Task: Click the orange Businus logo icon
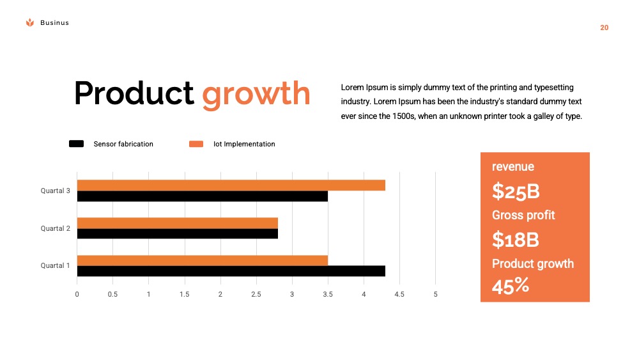(30, 22)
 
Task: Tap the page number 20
(604, 27)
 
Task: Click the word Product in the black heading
(134, 93)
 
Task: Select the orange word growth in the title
(256, 95)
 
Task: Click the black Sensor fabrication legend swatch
(76, 143)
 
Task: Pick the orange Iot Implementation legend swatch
(196, 144)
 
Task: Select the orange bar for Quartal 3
(231, 185)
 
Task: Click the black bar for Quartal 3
(203, 196)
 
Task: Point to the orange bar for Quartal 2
(178, 223)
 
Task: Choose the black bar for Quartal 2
(178, 233)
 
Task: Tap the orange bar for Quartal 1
(203, 260)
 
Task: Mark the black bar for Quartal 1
(231, 271)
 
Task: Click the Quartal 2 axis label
(56, 228)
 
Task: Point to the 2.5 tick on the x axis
(256, 294)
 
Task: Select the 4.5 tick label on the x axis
(399, 294)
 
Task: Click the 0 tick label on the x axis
(77, 294)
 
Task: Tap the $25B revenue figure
(516, 191)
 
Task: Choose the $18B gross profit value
(516, 239)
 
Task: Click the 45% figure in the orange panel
(510, 286)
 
